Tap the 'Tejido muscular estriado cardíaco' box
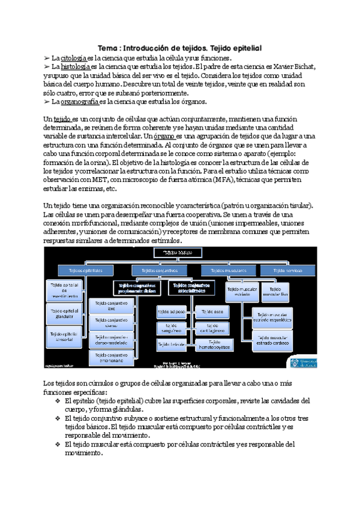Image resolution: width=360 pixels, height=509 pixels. [x=275, y=341]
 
